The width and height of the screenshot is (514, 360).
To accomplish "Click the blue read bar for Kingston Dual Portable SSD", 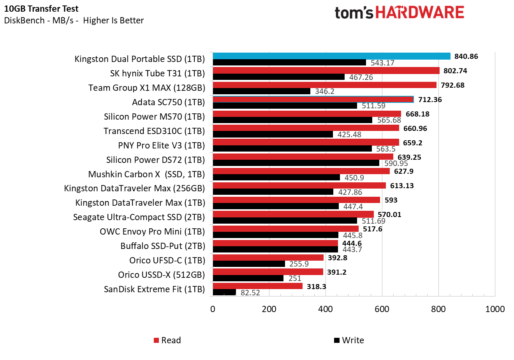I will pos(331,56).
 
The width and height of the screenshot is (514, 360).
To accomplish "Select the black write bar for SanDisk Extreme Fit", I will pos(224,292).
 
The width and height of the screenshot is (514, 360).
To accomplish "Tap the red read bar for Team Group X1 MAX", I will pos(324,85).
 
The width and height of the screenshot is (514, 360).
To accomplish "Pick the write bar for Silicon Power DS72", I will pos(296,163).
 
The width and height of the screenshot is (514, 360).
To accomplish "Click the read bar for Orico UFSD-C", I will pos(268,258).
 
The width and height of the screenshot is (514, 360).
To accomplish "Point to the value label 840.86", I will pos(466,56).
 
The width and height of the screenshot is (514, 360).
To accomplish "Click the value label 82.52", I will pos(250,293).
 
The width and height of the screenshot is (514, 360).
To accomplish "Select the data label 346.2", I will pos(324,92).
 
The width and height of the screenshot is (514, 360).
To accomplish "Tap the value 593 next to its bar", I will pos(391,200).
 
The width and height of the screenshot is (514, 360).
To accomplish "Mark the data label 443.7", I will pos(352,249).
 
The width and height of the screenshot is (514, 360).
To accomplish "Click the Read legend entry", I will pos(167,340).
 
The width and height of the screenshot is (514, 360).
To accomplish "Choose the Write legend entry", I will pos(349,340).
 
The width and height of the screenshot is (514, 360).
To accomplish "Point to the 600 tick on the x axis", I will pos(382,309).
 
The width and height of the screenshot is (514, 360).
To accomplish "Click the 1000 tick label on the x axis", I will pos(495,309).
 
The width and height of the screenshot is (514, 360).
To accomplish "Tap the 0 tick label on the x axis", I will pos(213,309).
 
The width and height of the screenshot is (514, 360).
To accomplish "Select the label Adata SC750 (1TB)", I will pos(168,102).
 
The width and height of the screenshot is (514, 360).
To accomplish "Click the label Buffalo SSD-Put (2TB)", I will pos(162,246).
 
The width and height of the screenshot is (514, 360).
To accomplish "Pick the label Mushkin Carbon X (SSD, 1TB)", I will pos(146,174).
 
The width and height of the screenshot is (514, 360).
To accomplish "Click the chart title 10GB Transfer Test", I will pos(41,9).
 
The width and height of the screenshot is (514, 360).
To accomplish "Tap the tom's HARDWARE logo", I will pos(399,12).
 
